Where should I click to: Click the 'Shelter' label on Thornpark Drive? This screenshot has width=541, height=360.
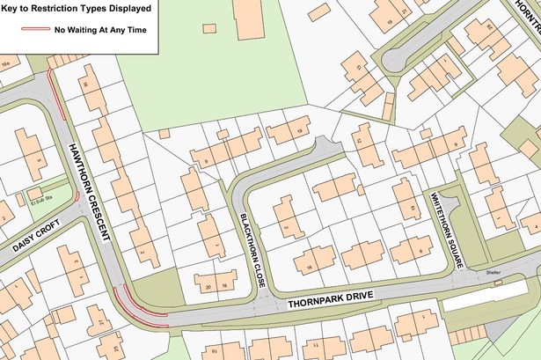(x=492, y=272)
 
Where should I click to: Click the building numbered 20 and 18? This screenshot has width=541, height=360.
(x=216, y=283)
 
